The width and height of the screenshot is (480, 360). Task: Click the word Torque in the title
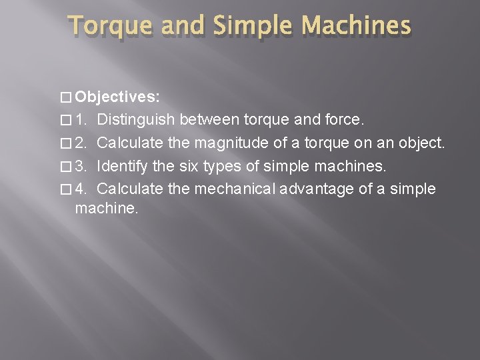(105, 26)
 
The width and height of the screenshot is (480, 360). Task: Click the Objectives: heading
(117, 97)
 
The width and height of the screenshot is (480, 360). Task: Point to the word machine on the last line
(105, 209)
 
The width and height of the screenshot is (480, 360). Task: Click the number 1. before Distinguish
(81, 120)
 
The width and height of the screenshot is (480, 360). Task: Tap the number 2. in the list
(81, 143)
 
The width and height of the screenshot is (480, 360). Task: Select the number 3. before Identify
(81, 166)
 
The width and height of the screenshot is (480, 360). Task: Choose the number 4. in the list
(81, 189)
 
